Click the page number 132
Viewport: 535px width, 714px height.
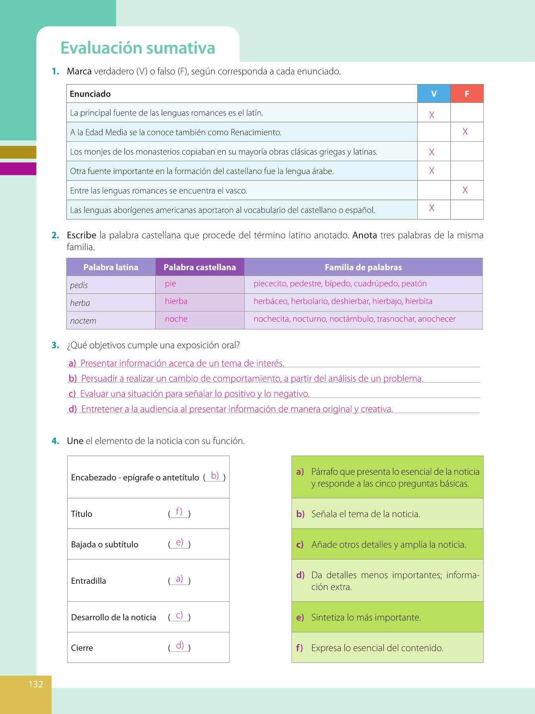pos(36,684)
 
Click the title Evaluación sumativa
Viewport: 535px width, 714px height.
pos(138,48)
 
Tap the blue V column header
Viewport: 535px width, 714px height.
pos(434,94)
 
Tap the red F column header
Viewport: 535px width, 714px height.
pos(467,94)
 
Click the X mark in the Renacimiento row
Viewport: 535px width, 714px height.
pos(465,132)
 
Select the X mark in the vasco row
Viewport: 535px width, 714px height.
pos(465,190)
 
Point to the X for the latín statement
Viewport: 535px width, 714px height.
pos(432,115)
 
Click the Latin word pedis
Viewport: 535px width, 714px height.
pos(79,285)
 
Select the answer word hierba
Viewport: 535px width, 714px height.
pos(176,301)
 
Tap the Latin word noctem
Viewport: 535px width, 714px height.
pos(83,321)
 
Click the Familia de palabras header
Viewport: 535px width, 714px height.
pos(363,267)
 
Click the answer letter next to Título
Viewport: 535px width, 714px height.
pos(179,512)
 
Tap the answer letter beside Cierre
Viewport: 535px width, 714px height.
pos(180,645)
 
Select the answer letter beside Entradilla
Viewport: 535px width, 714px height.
pos(180,579)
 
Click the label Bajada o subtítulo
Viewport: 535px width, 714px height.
pos(105,545)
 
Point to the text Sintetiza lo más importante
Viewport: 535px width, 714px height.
pos(366,618)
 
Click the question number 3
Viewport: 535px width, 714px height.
pos(55,345)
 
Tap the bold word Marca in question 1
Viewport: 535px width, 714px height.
pos(79,71)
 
